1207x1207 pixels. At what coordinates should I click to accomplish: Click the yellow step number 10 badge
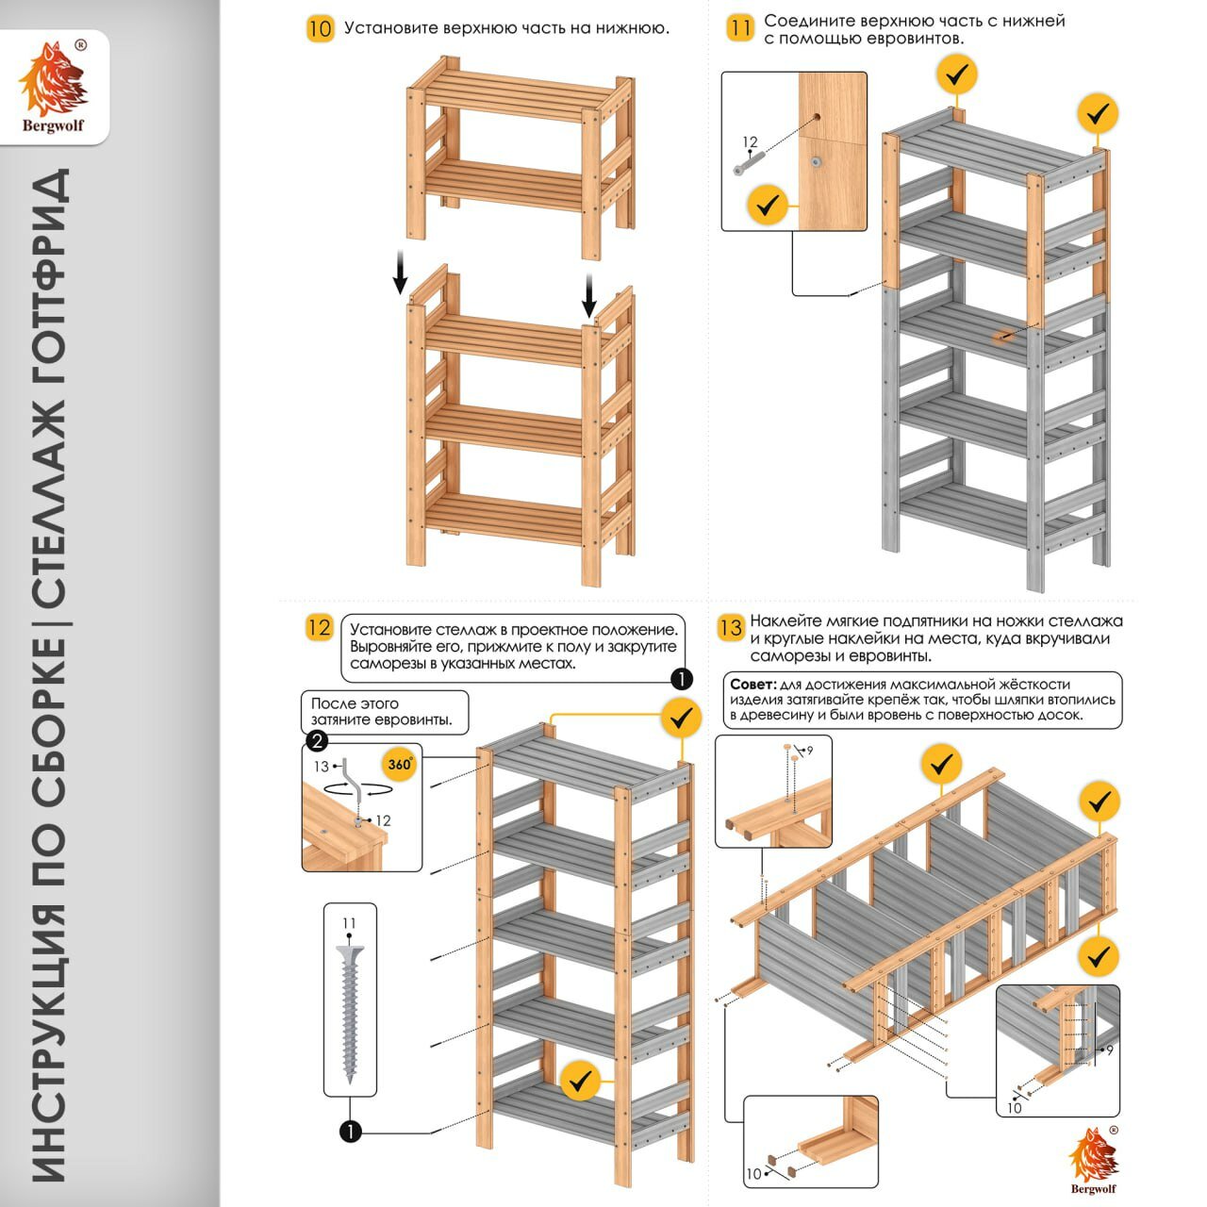pos(320,28)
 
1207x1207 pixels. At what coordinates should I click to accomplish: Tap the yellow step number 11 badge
pos(740,28)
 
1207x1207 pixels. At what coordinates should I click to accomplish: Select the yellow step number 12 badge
pos(320,628)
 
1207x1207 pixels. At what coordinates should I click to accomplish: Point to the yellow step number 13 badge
pos(730,628)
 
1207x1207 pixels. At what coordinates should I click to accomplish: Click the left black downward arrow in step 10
pos(400,273)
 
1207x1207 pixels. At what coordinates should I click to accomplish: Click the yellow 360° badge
pos(400,764)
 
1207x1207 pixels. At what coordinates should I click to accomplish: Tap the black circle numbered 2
pos(318,741)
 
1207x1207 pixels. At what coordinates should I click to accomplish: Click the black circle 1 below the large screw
pos(350,1131)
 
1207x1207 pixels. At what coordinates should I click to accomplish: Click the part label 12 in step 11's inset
pos(750,142)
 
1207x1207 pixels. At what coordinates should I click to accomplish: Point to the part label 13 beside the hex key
pos(322,767)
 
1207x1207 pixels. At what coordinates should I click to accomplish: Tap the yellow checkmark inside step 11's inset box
pos(768,204)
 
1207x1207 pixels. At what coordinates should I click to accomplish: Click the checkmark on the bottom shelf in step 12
pos(581,1081)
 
